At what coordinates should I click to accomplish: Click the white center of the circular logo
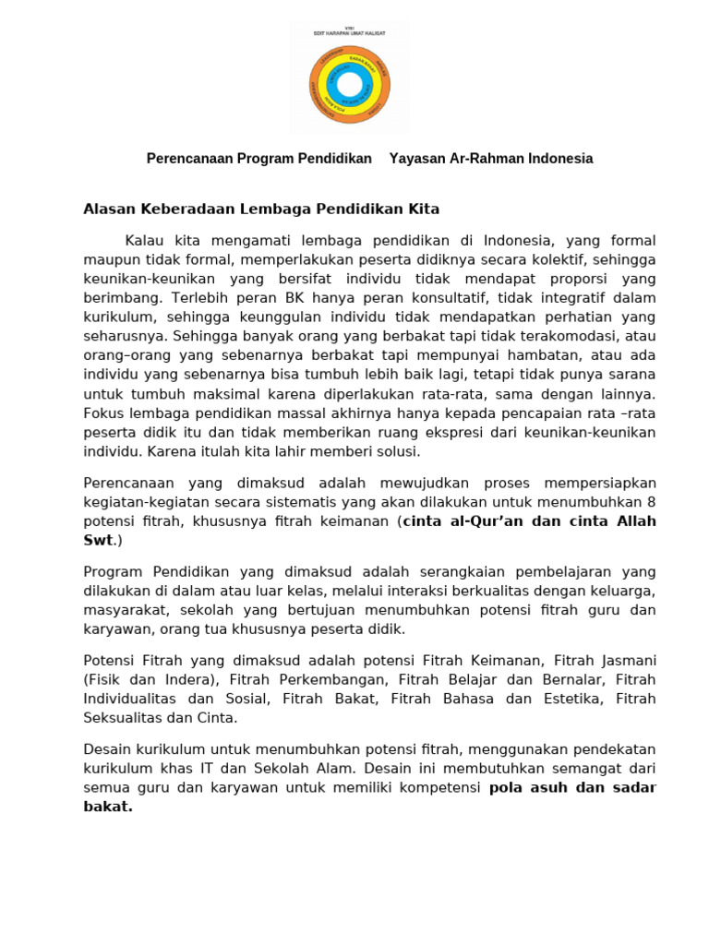coord(350,85)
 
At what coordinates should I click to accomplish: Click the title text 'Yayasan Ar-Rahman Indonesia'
coord(491,159)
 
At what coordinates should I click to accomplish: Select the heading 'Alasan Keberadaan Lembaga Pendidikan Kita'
coord(261,209)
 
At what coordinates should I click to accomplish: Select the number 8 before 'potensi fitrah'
coord(651,502)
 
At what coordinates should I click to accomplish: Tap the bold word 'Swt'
coord(97,541)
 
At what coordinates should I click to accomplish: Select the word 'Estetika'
coord(574,699)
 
